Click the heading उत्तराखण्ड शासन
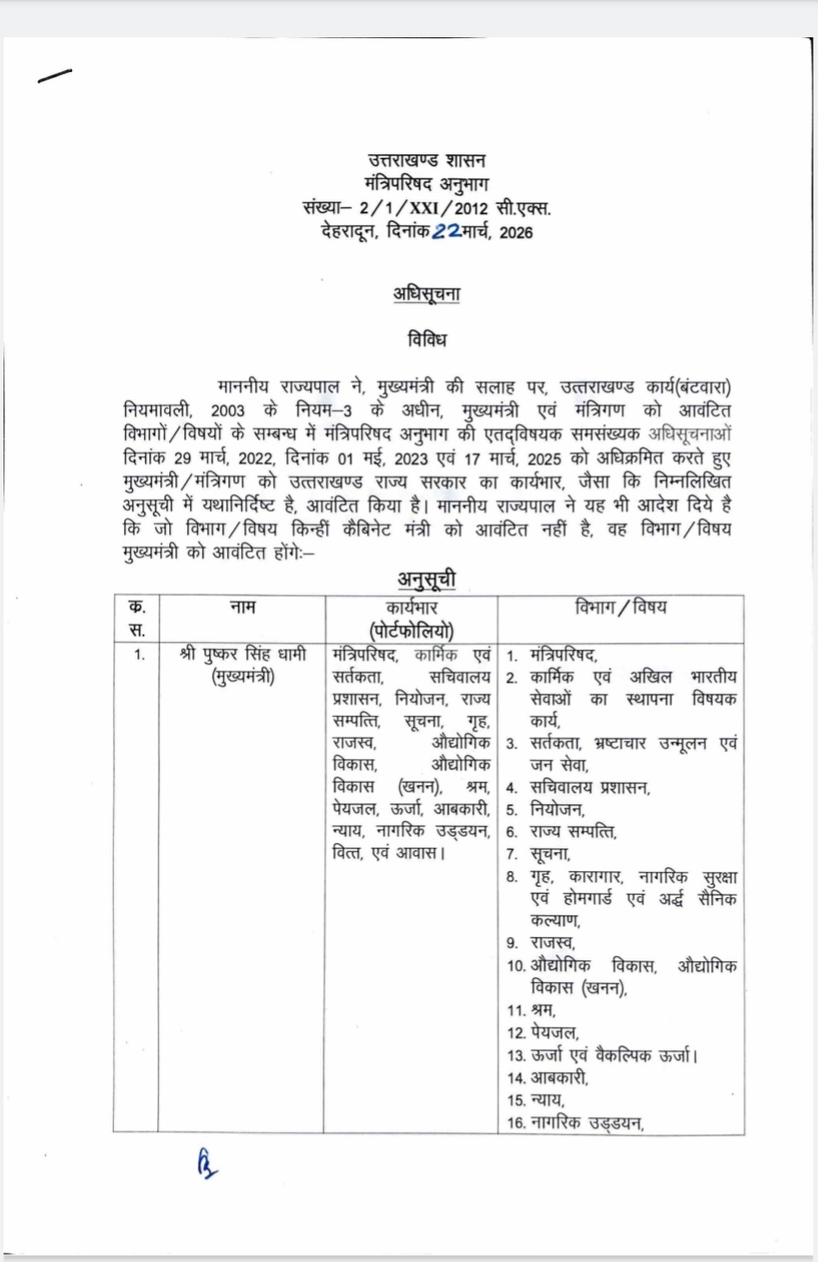point(426,161)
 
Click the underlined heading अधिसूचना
point(426,295)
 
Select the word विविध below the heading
point(427,339)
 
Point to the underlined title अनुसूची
point(426,578)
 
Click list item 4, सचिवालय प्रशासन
point(590,788)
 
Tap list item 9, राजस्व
point(553,942)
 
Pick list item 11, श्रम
point(543,1010)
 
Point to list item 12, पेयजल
point(554,1032)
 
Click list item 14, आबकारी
point(560,1077)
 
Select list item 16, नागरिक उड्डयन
point(587,1123)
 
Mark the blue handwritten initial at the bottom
point(206,1164)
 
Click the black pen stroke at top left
point(55,76)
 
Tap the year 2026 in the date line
point(516,232)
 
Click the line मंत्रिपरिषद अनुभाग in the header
point(426,184)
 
